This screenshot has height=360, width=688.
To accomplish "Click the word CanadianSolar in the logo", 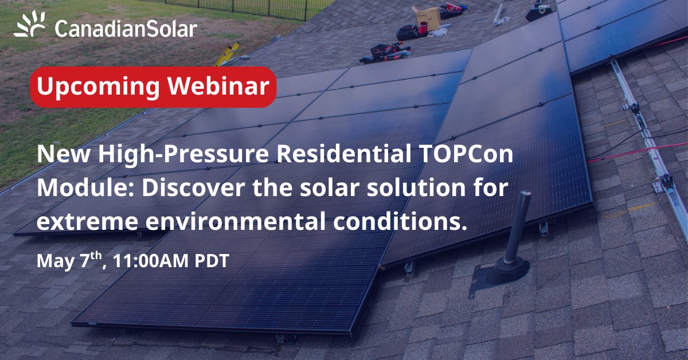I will (x=126, y=28).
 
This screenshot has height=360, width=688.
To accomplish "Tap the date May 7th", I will (x=69, y=261).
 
